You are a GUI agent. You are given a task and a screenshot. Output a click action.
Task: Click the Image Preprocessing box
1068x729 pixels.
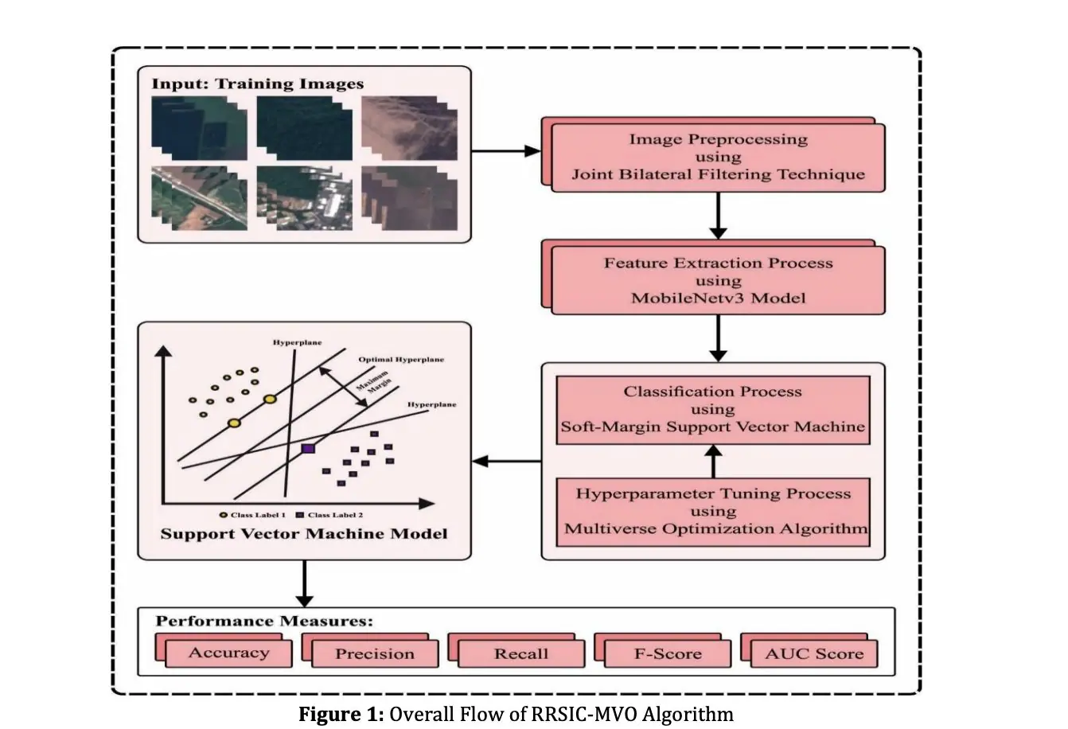717,157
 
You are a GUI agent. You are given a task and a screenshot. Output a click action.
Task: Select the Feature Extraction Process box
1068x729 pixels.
717,281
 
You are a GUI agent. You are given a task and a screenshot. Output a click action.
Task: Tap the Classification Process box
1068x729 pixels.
712,409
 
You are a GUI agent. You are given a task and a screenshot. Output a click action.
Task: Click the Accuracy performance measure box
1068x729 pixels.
228,653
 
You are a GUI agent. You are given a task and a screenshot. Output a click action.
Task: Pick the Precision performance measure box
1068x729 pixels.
375,654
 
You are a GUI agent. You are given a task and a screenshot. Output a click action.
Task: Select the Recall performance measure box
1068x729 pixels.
521,654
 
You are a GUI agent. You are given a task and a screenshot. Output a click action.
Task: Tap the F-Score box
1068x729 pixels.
668,654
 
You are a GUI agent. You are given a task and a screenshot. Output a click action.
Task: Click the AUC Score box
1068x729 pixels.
813,654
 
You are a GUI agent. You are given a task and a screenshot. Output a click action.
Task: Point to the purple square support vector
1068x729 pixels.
309,449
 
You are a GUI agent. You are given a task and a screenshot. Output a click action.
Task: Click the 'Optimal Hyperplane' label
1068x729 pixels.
401,360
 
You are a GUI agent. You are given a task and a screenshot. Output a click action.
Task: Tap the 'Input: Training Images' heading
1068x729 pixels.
258,84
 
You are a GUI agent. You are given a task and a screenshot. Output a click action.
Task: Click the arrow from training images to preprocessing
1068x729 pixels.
506,150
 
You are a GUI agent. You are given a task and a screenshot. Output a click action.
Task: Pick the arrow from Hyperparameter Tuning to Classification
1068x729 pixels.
713,461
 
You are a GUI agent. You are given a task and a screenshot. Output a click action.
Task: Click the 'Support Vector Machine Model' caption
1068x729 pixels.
304,533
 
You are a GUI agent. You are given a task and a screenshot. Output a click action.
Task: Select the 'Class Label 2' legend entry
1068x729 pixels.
330,515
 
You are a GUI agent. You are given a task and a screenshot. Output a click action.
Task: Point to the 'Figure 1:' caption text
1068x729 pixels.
341,714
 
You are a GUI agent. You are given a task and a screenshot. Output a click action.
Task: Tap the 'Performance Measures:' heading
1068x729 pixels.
264,621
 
